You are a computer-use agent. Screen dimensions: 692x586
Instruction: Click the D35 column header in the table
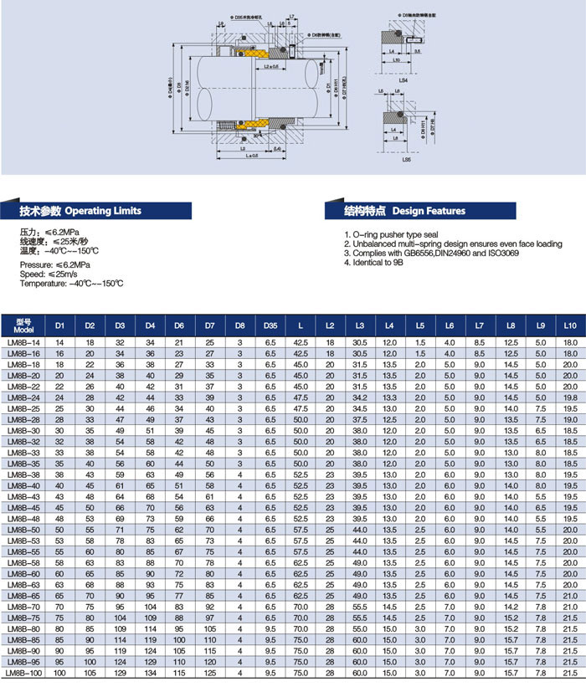tap(270, 323)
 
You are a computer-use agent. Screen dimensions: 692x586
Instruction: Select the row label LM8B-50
tap(23, 529)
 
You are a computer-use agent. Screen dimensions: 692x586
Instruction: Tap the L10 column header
tap(570, 323)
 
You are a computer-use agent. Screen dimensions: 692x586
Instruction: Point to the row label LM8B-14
tap(23, 342)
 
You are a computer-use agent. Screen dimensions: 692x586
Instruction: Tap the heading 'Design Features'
tap(429, 211)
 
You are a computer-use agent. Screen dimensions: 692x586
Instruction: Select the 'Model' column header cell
tap(23, 323)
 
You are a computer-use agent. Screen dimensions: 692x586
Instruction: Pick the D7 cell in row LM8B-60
tap(209, 574)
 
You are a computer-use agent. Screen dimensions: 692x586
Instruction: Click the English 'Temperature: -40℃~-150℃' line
tap(71, 283)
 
